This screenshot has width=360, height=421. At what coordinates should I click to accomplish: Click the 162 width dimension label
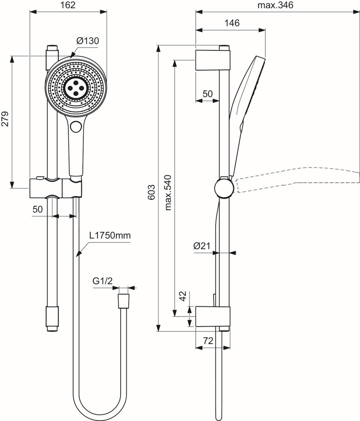click(x=68, y=5)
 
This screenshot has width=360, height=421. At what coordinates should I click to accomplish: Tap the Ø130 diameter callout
click(x=88, y=41)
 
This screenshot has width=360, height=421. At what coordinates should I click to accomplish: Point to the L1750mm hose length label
click(x=110, y=235)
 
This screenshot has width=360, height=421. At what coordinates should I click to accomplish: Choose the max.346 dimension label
click(x=275, y=5)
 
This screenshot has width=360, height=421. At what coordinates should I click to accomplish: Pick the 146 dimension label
click(x=232, y=23)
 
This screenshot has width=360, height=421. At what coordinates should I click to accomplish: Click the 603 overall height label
click(x=152, y=192)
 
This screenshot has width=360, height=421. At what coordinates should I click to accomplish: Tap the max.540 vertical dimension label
click(x=168, y=192)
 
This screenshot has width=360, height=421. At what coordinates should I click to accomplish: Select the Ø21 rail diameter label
click(x=202, y=246)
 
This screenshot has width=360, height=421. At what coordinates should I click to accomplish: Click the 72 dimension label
click(x=208, y=341)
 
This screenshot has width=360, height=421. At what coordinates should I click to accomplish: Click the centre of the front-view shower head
click(x=76, y=87)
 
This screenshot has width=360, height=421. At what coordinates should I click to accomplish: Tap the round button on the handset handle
click(x=76, y=126)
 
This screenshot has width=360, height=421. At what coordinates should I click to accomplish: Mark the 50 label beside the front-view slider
click(x=37, y=209)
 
